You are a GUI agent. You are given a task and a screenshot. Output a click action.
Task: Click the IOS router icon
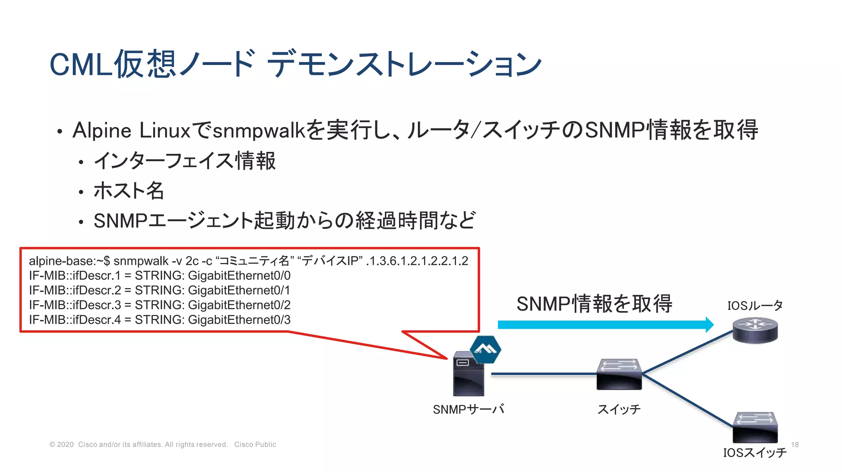pos(755,330)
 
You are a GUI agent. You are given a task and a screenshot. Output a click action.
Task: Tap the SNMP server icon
pos(468,374)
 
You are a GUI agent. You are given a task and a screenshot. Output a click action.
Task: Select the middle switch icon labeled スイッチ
pos(619,374)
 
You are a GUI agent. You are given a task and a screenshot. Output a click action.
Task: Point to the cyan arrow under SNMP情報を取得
pos(605,325)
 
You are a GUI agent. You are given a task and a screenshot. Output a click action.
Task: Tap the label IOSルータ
pos(755,306)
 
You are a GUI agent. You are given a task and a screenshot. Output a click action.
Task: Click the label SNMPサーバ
pos(468,409)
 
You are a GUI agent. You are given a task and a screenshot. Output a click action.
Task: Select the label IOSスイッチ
pos(755,453)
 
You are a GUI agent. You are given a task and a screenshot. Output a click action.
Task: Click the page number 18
pos(795,445)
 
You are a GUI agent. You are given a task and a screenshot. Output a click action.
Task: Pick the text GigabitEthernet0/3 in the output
pos(239,320)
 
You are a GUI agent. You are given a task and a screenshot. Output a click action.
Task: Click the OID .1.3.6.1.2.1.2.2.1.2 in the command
pos(417,261)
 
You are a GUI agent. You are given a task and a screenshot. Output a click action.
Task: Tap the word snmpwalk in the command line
pos(141,261)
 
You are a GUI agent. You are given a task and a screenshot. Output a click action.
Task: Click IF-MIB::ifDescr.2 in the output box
pos(75,290)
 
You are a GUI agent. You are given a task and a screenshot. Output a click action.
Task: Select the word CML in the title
pos(81,65)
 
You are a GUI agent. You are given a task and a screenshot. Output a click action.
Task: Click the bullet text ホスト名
pos(129,191)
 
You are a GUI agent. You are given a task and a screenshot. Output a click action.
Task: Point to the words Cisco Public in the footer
pos(255,445)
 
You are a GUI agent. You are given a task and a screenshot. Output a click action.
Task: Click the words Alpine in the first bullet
pos(102,130)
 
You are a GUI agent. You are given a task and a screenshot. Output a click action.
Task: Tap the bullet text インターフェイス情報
pos(185,161)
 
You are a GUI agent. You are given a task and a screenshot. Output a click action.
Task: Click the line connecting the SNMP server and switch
pos(543,374)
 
